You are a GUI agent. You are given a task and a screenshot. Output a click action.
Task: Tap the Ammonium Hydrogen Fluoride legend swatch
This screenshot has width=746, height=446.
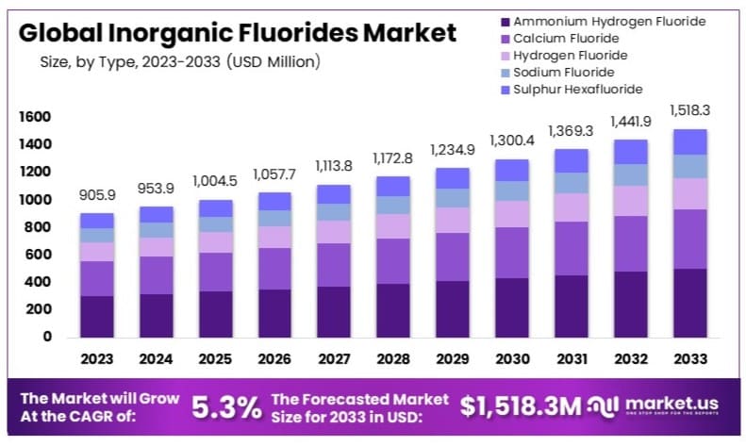pyautogui.click(x=506, y=22)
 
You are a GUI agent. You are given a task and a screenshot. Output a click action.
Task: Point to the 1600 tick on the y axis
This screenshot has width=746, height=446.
pyautogui.click(x=34, y=117)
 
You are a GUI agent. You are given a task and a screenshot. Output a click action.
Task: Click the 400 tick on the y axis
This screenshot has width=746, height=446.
pyautogui.click(x=38, y=282)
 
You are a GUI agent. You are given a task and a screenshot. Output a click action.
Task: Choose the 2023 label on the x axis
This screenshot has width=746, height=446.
pyautogui.click(x=96, y=358)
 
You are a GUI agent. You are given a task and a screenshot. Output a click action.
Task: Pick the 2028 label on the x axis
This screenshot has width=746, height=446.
pyautogui.click(x=393, y=358)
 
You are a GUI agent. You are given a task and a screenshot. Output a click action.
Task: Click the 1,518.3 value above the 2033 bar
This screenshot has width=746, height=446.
pyautogui.click(x=689, y=110)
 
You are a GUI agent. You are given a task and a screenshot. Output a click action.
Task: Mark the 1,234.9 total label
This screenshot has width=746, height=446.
pyautogui.click(x=452, y=150)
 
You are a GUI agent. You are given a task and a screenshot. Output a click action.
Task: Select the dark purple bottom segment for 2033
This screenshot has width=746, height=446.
pyautogui.click(x=689, y=303)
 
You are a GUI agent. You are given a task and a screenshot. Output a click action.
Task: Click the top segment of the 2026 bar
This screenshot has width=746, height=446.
pyautogui.click(x=274, y=201)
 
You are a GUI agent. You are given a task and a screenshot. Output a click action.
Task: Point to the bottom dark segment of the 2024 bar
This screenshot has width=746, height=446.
pyautogui.click(x=156, y=315)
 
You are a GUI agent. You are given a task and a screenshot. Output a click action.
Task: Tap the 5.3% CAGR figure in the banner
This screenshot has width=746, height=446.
pyautogui.click(x=226, y=407)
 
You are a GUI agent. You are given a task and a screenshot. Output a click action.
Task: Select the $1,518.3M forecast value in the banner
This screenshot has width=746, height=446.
pyautogui.click(x=519, y=406)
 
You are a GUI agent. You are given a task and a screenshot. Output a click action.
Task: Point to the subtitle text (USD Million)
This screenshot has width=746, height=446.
pyautogui.click(x=274, y=62)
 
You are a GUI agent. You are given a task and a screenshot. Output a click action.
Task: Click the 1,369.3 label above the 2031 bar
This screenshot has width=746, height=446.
pyautogui.click(x=571, y=130)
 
